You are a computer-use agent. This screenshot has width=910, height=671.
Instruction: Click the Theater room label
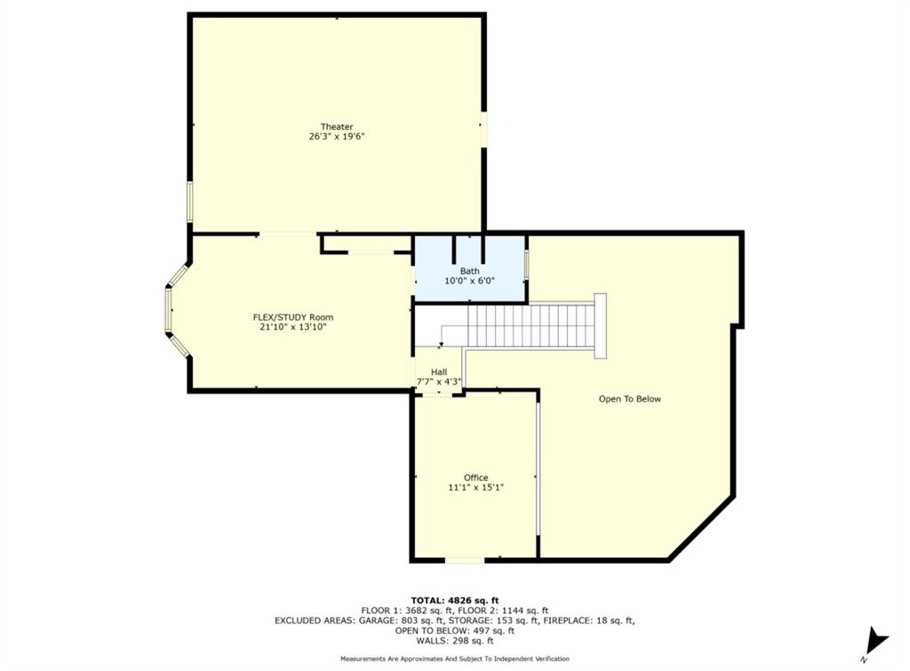(337, 127)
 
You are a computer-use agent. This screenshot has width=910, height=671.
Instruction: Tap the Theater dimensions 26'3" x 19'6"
(337, 137)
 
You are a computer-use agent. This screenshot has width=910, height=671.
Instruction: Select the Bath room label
(469, 271)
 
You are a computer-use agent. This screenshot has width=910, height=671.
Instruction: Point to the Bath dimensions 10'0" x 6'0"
(469, 281)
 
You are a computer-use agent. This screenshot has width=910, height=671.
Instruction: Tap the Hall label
(439, 372)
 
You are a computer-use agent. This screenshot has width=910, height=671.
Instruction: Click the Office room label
(475, 477)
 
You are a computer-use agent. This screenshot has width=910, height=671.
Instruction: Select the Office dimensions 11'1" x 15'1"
(475, 487)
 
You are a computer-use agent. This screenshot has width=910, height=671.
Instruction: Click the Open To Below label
(629, 399)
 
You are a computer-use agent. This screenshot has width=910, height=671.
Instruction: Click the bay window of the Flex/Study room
(171, 310)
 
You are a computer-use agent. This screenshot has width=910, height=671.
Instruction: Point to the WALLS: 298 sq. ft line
(454, 641)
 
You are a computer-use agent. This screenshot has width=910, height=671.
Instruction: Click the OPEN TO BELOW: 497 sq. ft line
(454, 631)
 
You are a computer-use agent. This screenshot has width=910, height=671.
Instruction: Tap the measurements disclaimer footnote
(454, 659)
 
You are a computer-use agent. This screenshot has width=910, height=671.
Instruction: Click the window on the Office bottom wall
(465, 560)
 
